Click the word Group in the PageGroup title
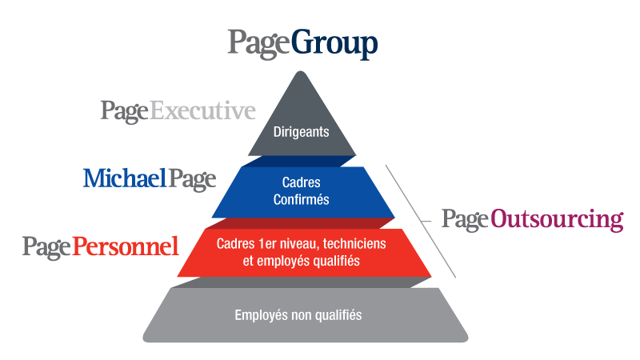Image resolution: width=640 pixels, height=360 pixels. point(334,44)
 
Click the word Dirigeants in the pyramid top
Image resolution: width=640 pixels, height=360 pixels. point(301,132)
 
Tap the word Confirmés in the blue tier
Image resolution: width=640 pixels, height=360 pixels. point(301,200)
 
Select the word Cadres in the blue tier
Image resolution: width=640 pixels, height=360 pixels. point(301,183)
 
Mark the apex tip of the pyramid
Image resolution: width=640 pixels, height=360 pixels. point(301,72)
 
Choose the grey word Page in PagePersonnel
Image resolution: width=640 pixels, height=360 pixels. point(46,246)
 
